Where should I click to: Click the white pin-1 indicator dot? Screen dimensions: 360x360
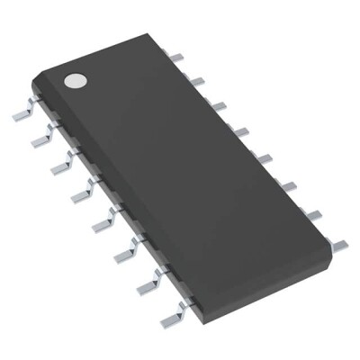(73, 80)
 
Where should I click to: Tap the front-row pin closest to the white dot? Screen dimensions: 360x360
(22, 114)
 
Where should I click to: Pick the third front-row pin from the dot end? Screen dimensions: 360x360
(60, 166)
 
